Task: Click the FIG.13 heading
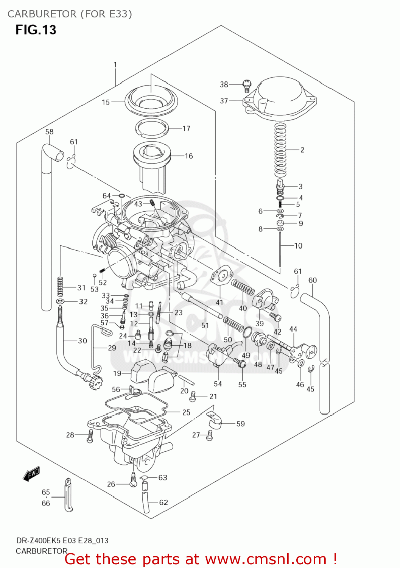pos(36,30)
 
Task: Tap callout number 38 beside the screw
pos(224,84)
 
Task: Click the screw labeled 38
pos(247,86)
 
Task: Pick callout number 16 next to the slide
pos(189,156)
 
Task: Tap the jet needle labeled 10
pos(280,250)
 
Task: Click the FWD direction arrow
pos(31,473)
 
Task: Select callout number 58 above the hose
pos(50,132)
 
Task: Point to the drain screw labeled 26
pos(133,481)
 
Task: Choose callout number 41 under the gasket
pos(219,302)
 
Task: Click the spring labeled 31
pos(60,287)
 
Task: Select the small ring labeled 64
pos(121,196)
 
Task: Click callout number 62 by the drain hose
pos(163,502)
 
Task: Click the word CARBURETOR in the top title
pos(42,14)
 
